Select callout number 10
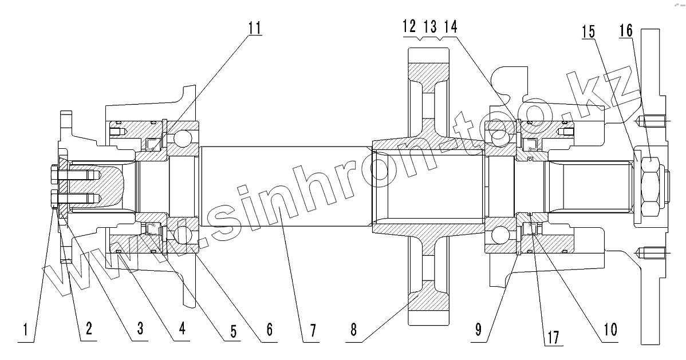pyautogui.click(x=609, y=330)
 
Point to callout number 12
pyautogui.click(x=409, y=26)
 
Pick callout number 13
pyautogui.click(x=430, y=26)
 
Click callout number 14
pyautogui.click(x=450, y=26)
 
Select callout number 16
pyautogui.click(x=626, y=31)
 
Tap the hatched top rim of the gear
pyautogui.click(x=429, y=71)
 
